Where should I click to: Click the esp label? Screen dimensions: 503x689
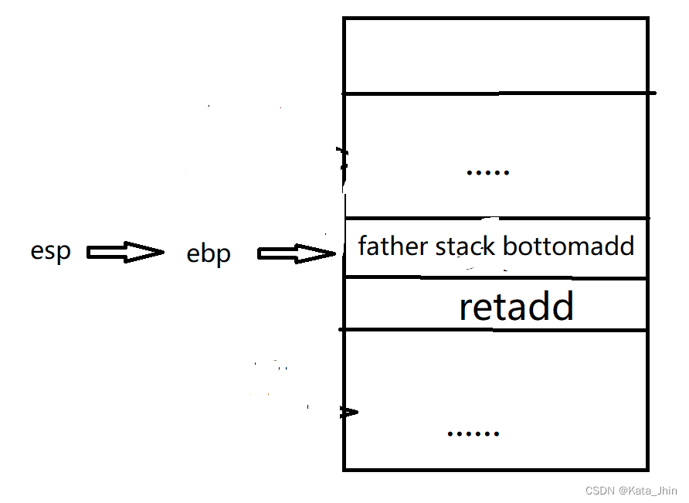(50, 252)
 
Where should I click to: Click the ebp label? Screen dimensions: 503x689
(209, 254)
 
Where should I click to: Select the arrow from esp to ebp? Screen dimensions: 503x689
(125, 252)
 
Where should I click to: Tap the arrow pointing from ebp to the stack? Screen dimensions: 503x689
(296, 253)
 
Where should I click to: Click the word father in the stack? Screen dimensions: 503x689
(392, 246)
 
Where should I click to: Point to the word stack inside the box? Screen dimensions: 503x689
(466, 246)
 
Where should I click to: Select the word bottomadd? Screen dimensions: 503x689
(568, 246)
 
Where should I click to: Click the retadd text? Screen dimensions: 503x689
(516, 306)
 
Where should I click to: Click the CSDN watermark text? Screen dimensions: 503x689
(599, 491)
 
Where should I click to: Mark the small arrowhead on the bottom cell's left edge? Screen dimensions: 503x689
(351, 413)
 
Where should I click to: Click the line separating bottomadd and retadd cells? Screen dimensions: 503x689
(495, 278)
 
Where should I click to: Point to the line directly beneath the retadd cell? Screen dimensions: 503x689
(495, 330)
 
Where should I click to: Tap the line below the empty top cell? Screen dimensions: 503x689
(495, 93)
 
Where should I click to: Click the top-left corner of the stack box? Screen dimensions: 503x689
(344, 19)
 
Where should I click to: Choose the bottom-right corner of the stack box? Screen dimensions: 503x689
(647, 469)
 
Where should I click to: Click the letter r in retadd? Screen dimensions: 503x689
(465, 308)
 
